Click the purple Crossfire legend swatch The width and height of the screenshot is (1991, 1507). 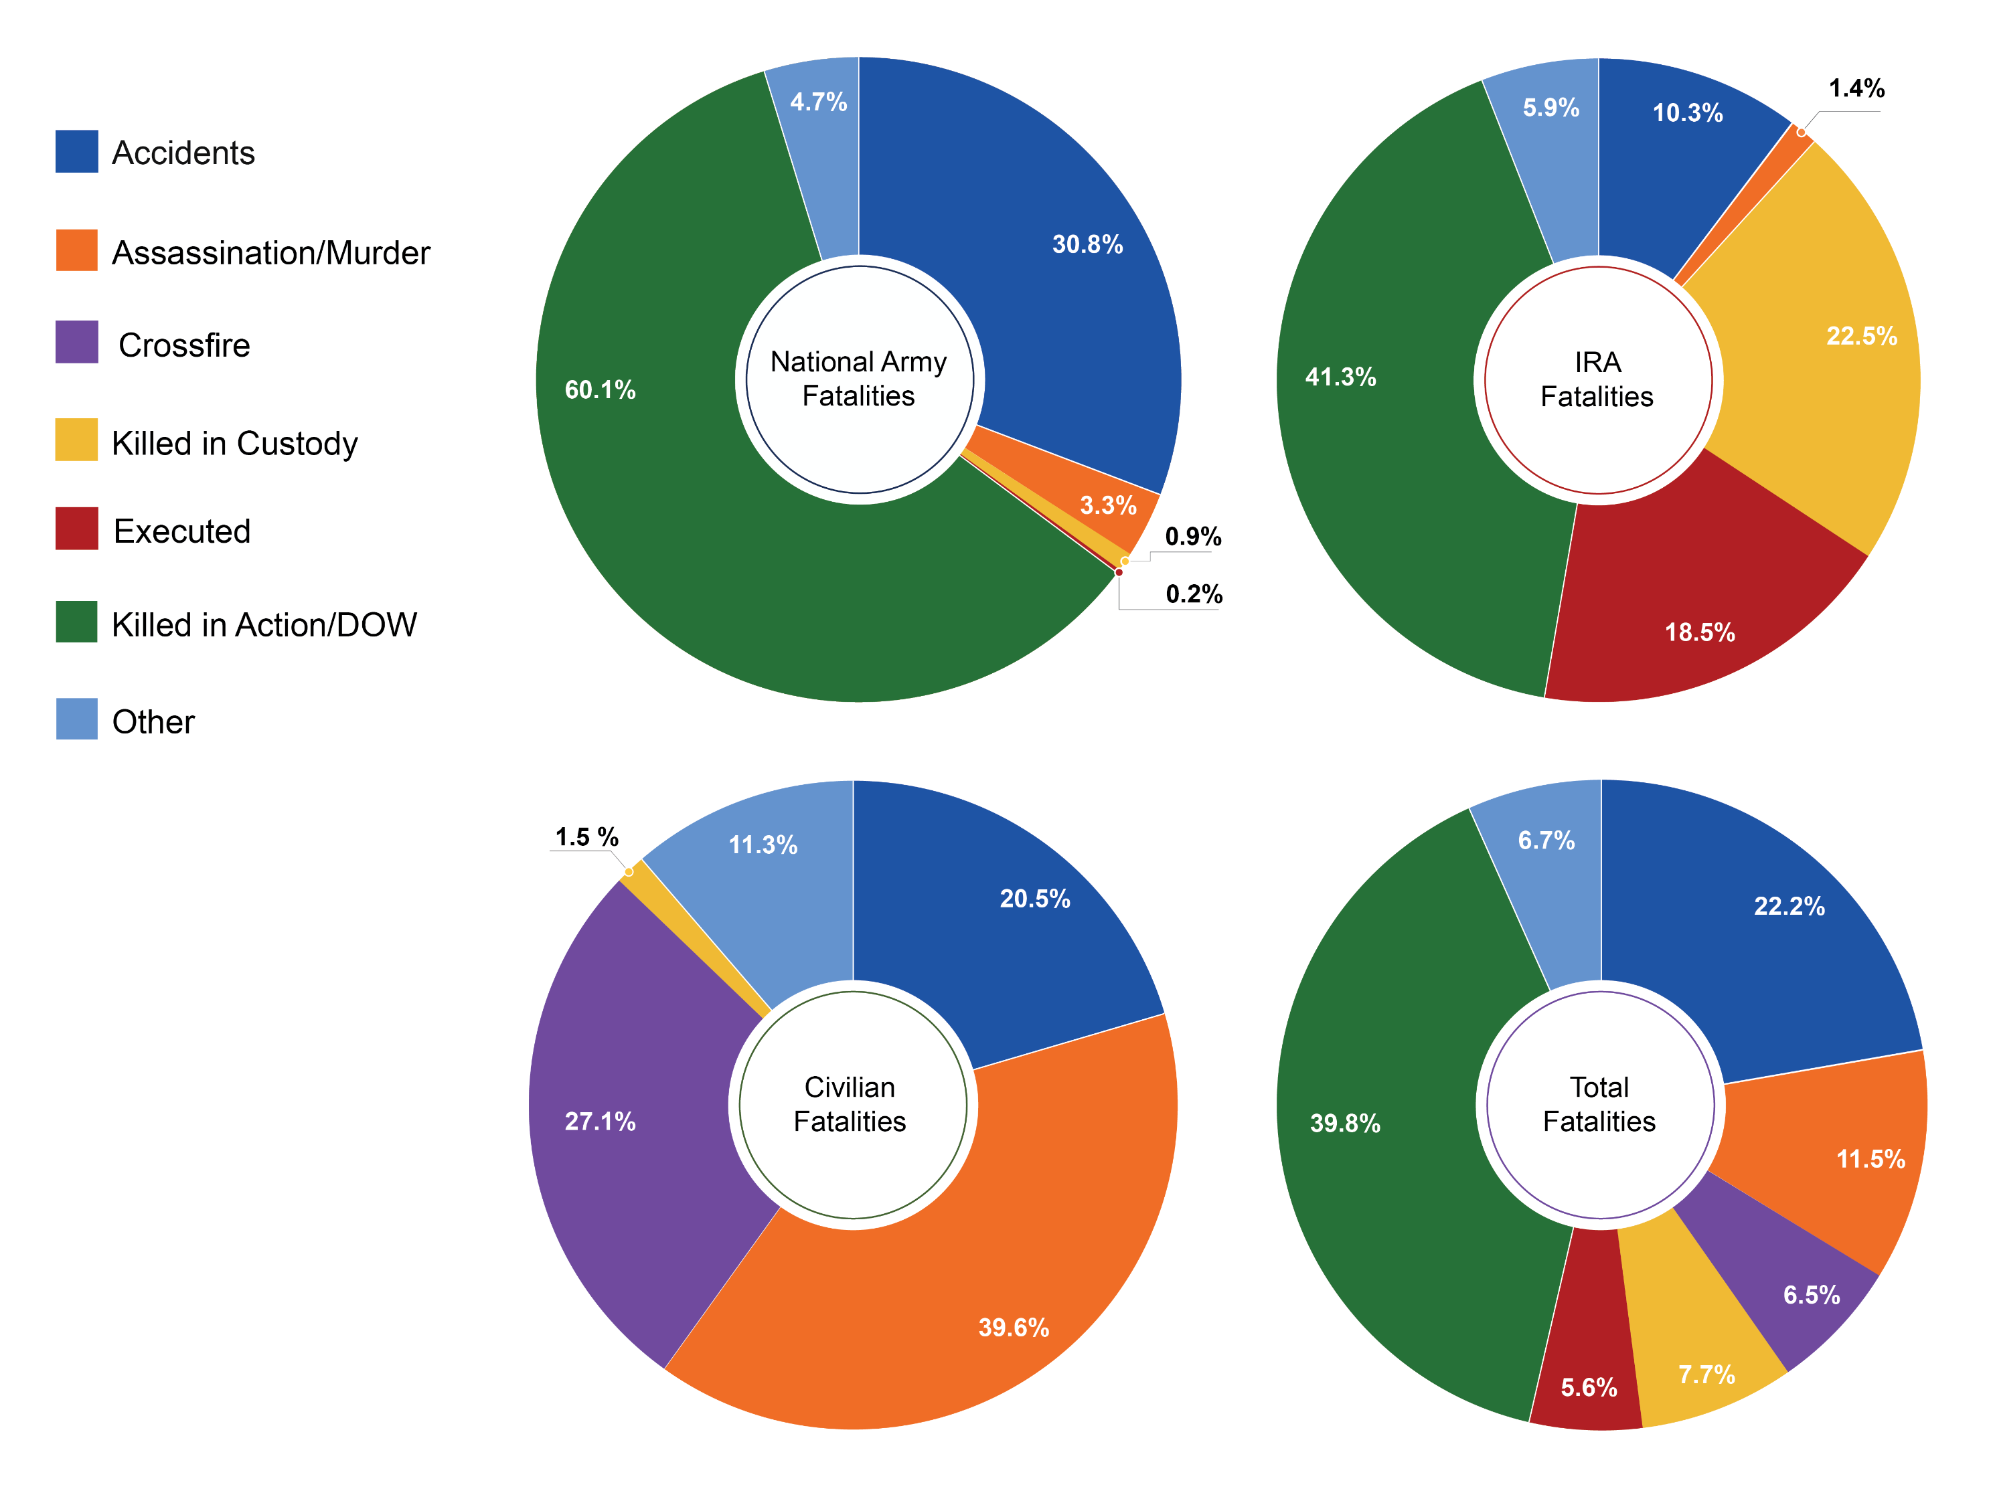pyautogui.click(x=76, y=342)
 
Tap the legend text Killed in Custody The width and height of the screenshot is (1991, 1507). pyautogui.click(x=234, y=444)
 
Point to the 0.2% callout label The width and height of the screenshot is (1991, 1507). pyautogui.click(x=1194, y=594)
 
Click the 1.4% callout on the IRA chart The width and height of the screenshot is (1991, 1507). pyautogui.click(x=1856, y=88)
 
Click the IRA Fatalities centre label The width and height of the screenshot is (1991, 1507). pyautogui.click(x=1597, y=379)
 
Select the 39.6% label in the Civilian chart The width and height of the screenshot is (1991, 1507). pyautogui.click(x=1014, y=1328)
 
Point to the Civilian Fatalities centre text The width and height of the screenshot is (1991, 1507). pyautogui.click(x=850, y=1104)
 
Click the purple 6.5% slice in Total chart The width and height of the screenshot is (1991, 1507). pyautogui.click(x=1791, y=1287)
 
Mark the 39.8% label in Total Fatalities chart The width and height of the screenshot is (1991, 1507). pyautogui.click(x=1345, y=1123)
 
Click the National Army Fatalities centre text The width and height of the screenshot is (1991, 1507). pyautogui.click(x=859, y=379)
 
